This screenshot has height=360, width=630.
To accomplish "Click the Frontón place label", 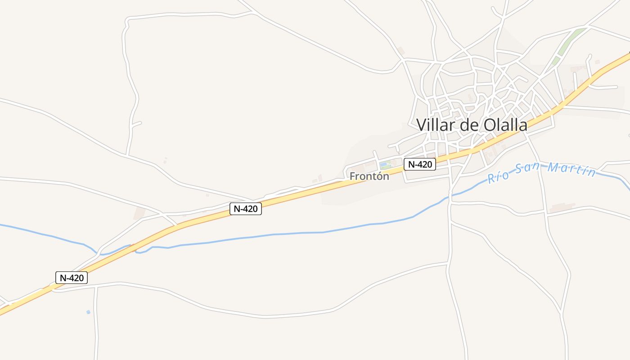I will pyautogui.click(x=369, y=176).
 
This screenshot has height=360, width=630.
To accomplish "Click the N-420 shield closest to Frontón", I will pyautogui.click(x=419, y=164).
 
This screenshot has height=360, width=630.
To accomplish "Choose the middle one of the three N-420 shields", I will pyautogui.click(x=245, y=209).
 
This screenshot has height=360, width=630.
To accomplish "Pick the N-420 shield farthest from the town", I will pyautogui.click(x=71, y=278).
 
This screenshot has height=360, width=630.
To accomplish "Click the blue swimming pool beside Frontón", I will pyautogui.click(x=383, y=164).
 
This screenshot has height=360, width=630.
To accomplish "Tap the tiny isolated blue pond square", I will pyautogui.click(x=88, y=312).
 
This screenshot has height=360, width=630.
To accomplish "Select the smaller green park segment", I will pyautogui.click(x=556, y=60).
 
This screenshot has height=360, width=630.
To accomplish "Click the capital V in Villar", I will pyautogui.click(x=422, y=125).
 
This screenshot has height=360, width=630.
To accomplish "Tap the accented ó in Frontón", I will pyautogui.click(x=379, y=176).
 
